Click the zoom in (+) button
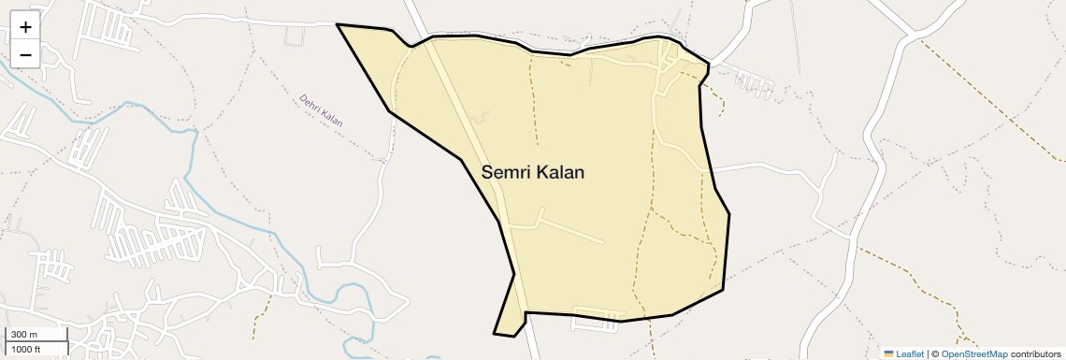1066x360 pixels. (25, 27)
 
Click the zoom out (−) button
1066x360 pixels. (25, 54)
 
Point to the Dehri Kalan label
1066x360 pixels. (321, 109)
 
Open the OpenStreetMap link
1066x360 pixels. (974, 353)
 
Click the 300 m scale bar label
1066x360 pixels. (24, 335)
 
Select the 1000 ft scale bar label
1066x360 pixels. (26, 349)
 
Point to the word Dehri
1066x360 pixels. (311, 103)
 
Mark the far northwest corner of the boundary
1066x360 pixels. (337, 25)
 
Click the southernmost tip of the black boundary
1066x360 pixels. (495, 333)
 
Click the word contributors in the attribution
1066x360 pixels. (1036, 353)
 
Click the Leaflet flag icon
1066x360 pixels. (888, 353)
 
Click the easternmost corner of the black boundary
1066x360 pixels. (729, 215)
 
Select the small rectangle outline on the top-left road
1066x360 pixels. (295, 36)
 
